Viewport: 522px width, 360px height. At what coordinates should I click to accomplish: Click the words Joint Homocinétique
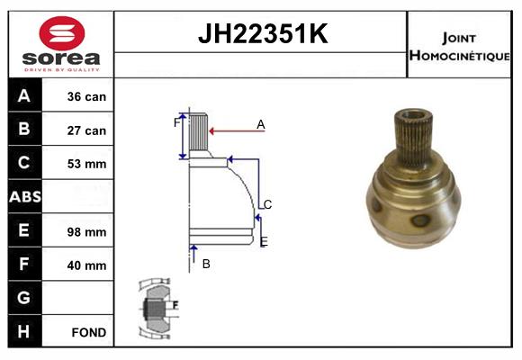[x=459, y=46]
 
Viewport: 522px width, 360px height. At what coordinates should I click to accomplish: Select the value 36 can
[x=87, y=96]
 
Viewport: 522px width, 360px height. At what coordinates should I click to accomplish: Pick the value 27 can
[x=87, y=130]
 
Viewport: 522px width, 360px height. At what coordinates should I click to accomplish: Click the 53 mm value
[x=87, y=164]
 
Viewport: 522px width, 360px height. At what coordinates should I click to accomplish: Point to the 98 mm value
[x=87, y=231]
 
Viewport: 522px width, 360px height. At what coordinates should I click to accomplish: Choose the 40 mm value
[x=87, y=265]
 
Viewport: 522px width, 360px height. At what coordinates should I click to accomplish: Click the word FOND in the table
[x=89, y=332]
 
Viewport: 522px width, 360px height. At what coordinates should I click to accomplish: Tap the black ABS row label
[x=24, y=197]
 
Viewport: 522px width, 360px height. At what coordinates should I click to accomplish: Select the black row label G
[x=24, y=298]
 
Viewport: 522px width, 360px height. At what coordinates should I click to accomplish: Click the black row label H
[x=24, y=332]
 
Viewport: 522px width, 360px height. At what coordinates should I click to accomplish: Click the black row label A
[x=24, y=96]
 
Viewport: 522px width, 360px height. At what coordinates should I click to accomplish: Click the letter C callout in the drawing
[x=267, y=204]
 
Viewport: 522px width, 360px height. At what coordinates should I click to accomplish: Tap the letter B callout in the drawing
[x=206, y=264]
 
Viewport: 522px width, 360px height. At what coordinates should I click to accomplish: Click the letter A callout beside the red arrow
[x=260, y=124]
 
